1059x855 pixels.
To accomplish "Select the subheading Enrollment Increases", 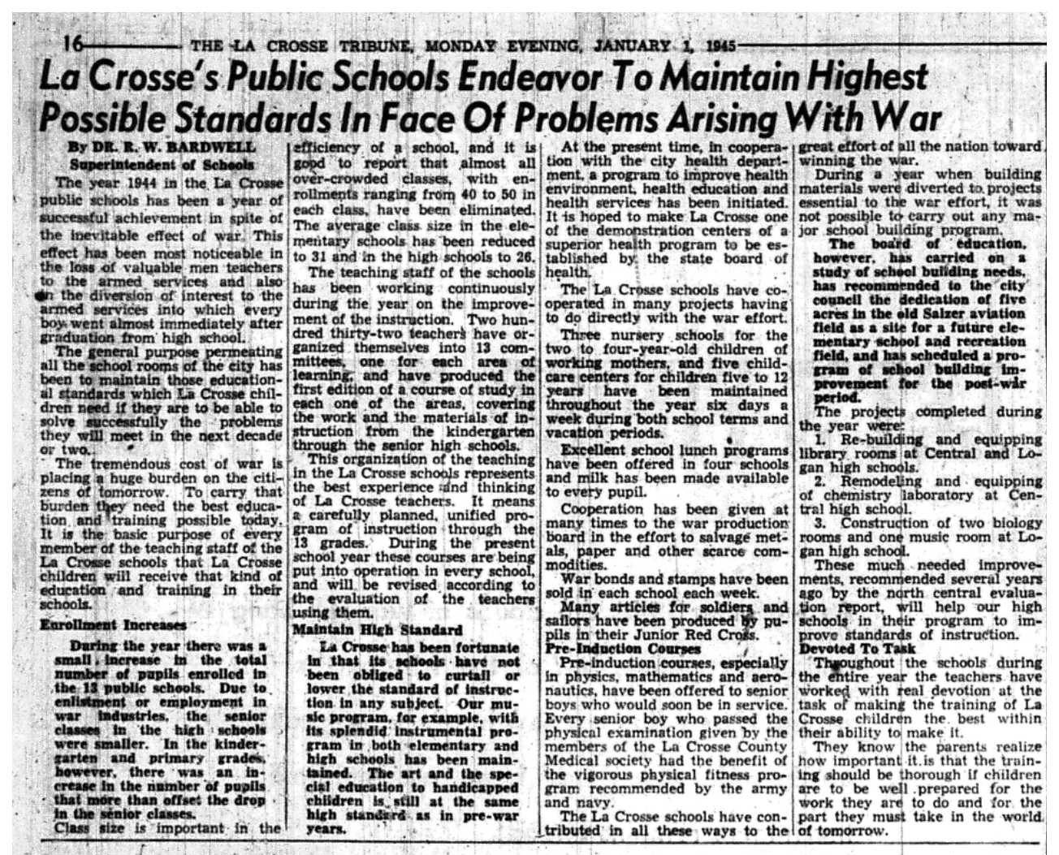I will click(x=113, y=625).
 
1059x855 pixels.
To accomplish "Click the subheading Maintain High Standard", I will click(x=377, y=629).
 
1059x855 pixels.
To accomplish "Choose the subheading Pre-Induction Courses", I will click(x=623, y=649).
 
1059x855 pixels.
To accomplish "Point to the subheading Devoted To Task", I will click(x=858, y=649).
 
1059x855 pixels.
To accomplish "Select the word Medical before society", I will click(x=578, y=761).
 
